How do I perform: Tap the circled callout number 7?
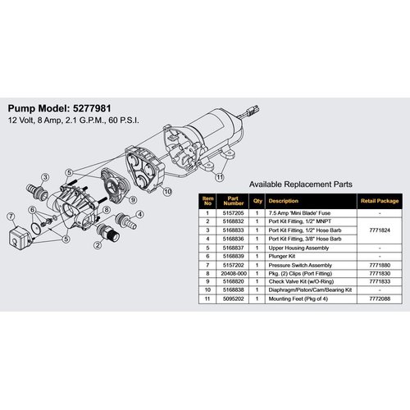point(11,216)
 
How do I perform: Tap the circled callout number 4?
point(140,213)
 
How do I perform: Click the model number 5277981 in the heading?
point(107,107)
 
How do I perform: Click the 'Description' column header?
point(284,199)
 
